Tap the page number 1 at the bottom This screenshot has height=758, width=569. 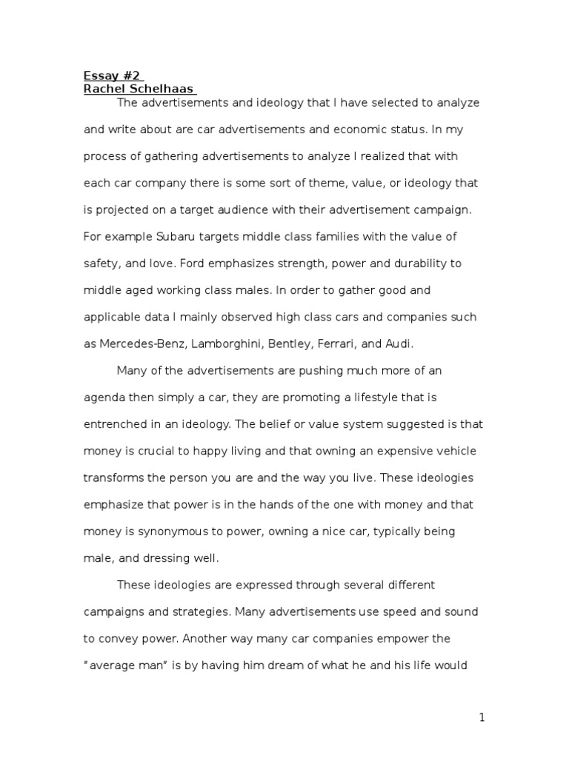(482, 717)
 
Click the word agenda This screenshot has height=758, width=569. (103, 398)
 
